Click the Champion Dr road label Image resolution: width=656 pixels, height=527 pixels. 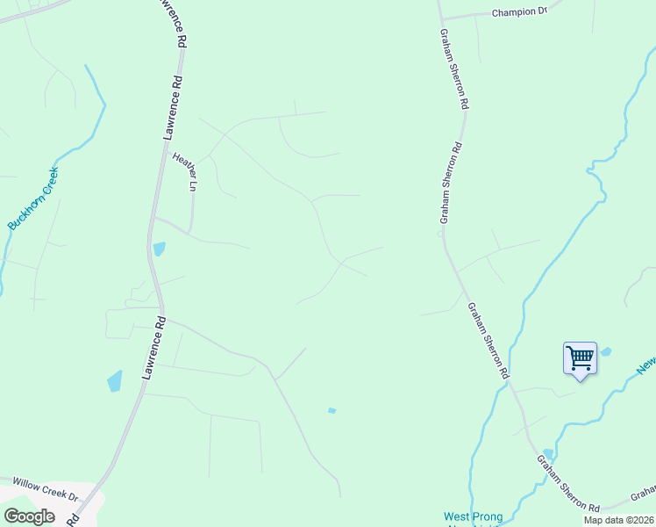pos(519,12)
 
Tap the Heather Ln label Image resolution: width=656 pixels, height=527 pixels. pos(185,170)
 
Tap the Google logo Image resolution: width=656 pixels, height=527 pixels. pos(30,516)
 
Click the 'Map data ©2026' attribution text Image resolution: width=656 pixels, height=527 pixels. pos(618,520)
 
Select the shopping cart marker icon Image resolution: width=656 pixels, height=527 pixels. pos(580,358)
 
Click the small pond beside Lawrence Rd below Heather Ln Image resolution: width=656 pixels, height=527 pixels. pos(159,249)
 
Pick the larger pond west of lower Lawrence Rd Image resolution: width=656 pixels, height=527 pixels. pos(115,381)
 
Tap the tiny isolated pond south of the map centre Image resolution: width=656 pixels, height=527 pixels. pos(332,410)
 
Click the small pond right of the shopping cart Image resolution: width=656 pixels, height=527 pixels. pos(605,352)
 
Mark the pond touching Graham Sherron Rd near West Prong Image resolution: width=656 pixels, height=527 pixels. pos(548,454)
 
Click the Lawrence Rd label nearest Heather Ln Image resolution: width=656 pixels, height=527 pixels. pos(174,107)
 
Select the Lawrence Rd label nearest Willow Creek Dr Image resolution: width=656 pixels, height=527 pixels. pos(153,348)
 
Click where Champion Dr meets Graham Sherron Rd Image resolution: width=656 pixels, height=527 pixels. pos(442,18)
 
